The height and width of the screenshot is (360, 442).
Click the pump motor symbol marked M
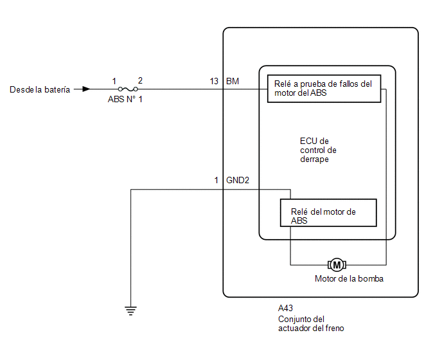click(337, 265)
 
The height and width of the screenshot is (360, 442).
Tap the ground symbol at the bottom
click(130, 310)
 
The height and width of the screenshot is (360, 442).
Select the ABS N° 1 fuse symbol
click(128, 89)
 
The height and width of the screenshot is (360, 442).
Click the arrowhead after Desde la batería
click(86, 89)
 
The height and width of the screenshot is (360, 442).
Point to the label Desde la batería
click(40, 90)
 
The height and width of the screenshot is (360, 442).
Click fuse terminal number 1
click(114, 81)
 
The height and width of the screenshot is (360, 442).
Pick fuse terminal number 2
click(140, 81)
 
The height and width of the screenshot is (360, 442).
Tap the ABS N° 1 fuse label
click(125, 99)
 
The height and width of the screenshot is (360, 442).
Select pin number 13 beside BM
click(214, 81)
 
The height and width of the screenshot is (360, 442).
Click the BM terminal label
click(233, 81)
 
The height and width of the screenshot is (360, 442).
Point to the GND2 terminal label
click(238, 180)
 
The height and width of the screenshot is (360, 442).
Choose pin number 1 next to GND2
click(217, 180)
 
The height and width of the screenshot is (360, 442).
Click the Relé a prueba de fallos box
click(324, 89)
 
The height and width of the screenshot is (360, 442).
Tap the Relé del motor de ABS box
click(328, 213)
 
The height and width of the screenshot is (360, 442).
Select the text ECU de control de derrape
click(318, 150)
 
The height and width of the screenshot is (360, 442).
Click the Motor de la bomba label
click(349, 279)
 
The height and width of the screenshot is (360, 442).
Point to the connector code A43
click(285, 308)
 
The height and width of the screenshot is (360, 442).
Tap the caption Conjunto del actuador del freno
click(311, 323)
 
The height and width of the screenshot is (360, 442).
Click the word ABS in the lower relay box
click(299, 221)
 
